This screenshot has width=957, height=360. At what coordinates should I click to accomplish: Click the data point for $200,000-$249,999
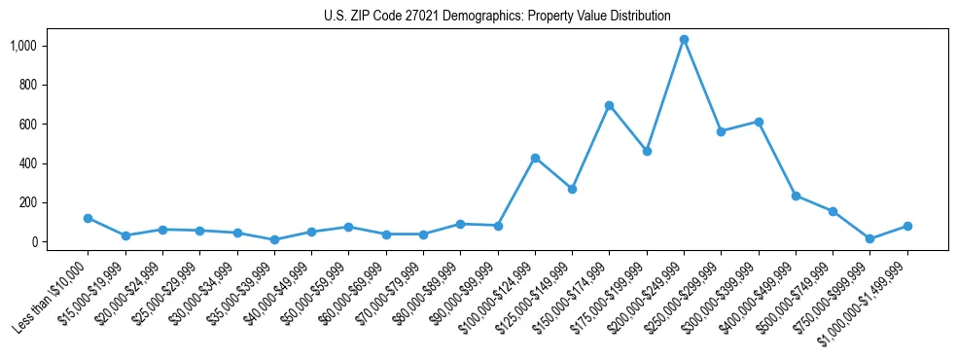[x=684, y=40]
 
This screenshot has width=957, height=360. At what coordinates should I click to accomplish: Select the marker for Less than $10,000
[x=88, y=218]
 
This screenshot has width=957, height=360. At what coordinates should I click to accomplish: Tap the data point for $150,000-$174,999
[x=609, y=105]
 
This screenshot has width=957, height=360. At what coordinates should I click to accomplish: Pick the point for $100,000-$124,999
[x=535, y=158]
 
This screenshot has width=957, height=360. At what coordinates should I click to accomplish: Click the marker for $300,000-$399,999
[x=759, y=122]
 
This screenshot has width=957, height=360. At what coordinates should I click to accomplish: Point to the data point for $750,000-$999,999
[x=870, y=238]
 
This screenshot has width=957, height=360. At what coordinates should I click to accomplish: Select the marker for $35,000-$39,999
[x=274, y=239]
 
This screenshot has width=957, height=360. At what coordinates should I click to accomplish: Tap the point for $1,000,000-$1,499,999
[x=907, y=226]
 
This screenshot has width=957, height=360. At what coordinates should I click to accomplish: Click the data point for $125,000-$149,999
[x=572, y=189]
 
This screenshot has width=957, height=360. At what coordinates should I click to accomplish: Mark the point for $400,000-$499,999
[x=796, y=196]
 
